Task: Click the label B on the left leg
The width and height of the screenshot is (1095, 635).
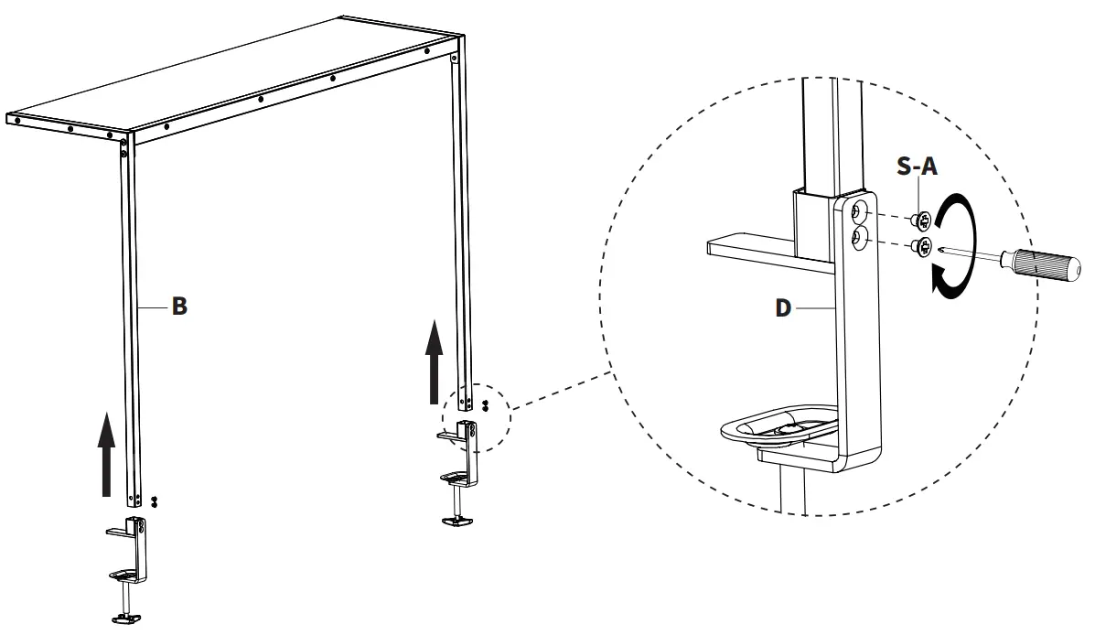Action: coord(180,307)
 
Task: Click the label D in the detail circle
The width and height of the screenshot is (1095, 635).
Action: coord(783,307)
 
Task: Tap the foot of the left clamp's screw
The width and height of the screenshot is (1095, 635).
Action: coord(125,619)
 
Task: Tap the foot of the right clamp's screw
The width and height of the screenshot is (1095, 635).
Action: coord(457,521)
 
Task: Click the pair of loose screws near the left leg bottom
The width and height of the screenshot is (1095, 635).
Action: coord(155,500)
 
